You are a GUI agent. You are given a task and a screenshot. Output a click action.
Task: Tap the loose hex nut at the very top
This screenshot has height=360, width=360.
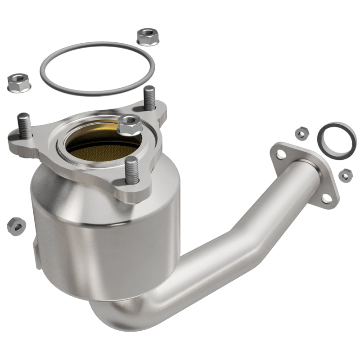pyautogui.click(x=148, y=36)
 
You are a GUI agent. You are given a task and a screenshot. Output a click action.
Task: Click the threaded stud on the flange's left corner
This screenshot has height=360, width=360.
pyautogui.click(x=25, y=127)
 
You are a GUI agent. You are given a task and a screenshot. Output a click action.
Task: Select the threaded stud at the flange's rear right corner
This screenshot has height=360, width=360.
pyautogui.click(x=149, y=98)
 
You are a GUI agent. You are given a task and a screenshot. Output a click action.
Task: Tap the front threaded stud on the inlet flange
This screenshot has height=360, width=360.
pyautogui.click(x=131, y=170)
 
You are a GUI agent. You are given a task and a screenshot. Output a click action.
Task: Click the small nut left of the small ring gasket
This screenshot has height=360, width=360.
pyautogui.click(x=301, y=133)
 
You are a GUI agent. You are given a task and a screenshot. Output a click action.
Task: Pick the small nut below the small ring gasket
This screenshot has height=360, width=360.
pyautogui.click(x=346, y=175)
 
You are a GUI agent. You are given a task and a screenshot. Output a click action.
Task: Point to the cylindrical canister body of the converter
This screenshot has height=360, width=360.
pyautogui.click(x=103, y=243)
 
